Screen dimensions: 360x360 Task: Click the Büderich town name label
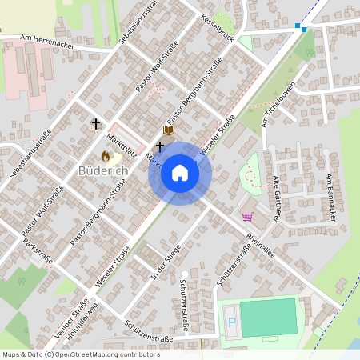click(x=103, y=171)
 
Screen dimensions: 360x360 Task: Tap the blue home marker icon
click(x=179, y=173)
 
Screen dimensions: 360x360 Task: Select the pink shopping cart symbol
click(x=247, y=216)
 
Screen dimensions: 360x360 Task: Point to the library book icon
click(x=168, y=130)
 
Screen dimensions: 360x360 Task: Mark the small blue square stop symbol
click(x=300, y=27)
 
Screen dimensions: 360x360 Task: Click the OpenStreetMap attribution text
click(x=81, y=354)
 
